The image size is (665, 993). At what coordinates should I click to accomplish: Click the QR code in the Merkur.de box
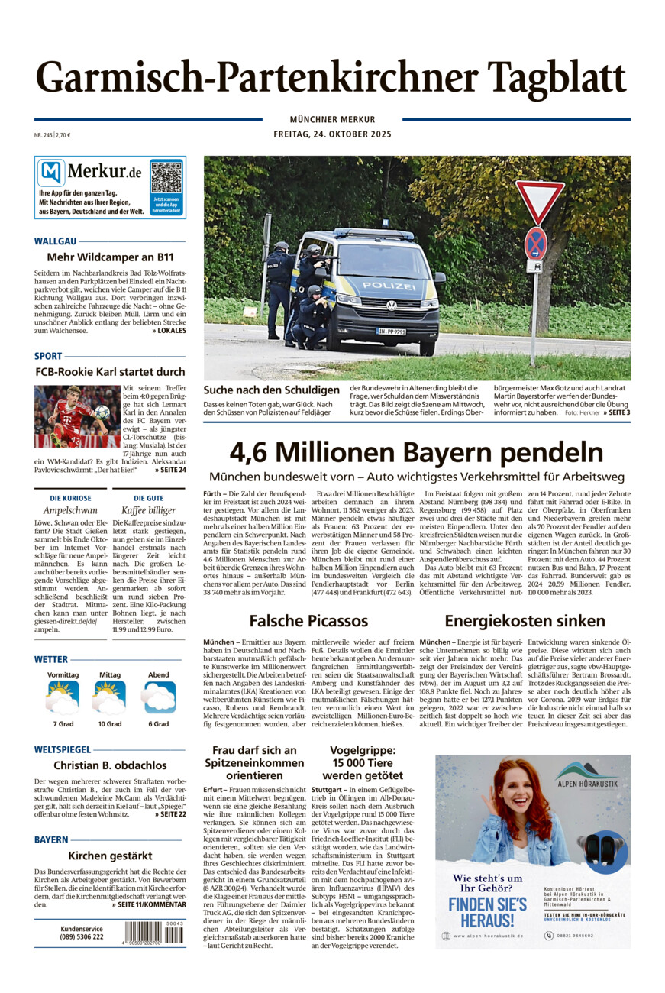click(x=166, y=177)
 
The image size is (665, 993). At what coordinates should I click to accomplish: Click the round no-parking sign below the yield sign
click(x=536, y=243)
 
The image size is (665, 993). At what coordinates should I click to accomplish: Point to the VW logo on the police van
click(x=392, y=306)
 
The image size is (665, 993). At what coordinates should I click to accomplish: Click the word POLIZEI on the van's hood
click(x=389, y=285)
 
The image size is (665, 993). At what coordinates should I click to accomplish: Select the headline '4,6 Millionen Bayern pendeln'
click(x=417, y=452)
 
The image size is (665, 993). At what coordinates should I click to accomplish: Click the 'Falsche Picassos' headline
click(x=308, y=620)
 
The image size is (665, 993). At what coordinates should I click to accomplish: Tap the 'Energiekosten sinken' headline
click(x=525, y=620)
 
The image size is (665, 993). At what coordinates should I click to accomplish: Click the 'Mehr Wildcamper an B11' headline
click(x=110, y=257)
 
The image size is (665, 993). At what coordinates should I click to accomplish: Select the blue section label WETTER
click(x=51, y=659)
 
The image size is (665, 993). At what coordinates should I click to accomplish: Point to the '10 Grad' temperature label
click(x=109, y=723)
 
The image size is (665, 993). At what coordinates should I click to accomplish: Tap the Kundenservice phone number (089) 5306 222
click(x=82, y=937)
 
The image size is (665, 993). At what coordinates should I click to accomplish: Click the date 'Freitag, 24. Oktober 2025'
click(x=332, y=134)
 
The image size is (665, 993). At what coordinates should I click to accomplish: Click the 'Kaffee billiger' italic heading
click(x=149, y=509)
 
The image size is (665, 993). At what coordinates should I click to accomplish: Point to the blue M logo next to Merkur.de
click(x=51, y=173)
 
